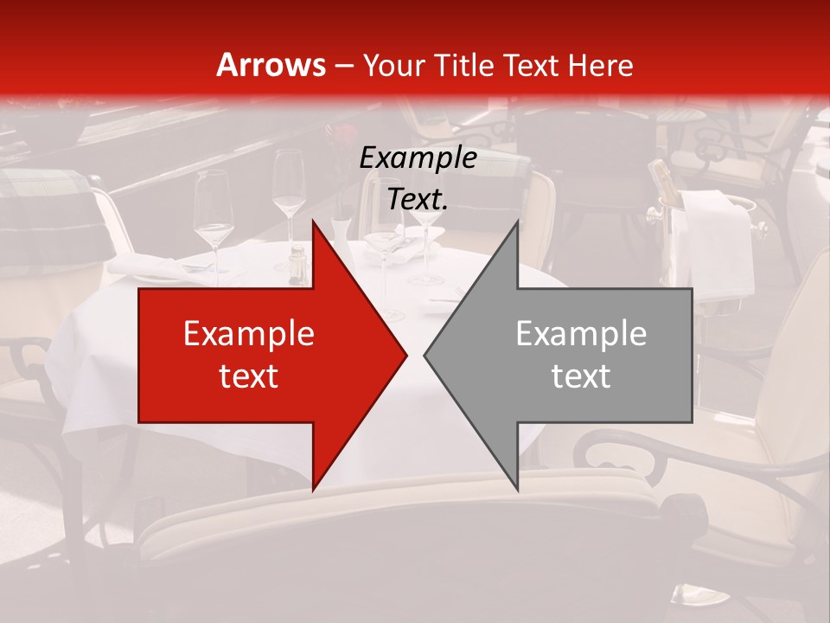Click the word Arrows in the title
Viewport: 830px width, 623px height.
271,65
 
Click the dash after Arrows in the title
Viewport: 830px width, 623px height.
345,67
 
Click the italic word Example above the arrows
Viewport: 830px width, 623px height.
418,157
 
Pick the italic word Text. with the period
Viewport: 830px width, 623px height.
418,200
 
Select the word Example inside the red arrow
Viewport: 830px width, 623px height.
248,334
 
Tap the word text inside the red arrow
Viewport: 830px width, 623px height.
248,376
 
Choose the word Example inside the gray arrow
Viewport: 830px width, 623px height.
581,334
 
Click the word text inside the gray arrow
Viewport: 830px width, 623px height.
581,376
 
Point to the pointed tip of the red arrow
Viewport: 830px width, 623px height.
406,355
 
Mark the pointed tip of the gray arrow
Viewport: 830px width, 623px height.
425,355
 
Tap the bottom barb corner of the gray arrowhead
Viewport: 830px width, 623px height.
518,490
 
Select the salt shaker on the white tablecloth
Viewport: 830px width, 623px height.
297,264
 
